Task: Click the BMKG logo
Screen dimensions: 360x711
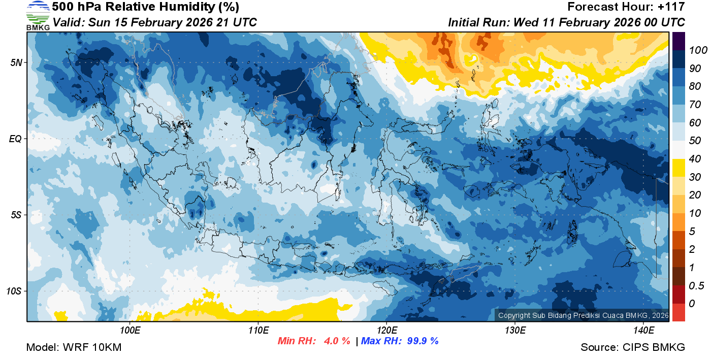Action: click(38, 15)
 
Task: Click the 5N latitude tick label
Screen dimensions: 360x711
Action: click(16, 62)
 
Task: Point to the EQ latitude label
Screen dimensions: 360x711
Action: click(16, 139)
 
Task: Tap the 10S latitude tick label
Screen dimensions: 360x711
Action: click(14, 291)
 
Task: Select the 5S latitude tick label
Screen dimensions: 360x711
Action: click(16, 215)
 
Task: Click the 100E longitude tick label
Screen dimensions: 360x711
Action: click(130, 331)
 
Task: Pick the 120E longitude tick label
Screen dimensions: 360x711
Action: click(386, 331)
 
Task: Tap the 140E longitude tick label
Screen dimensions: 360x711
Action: click(643, 331)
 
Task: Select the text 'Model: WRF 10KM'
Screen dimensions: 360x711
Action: click(74, 347)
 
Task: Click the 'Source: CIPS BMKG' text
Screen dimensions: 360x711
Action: click(633, 347)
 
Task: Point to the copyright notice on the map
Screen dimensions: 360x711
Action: click(583, 315)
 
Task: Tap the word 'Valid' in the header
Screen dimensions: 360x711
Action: click(68, 22)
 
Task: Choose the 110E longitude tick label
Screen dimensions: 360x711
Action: click(258, 331)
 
